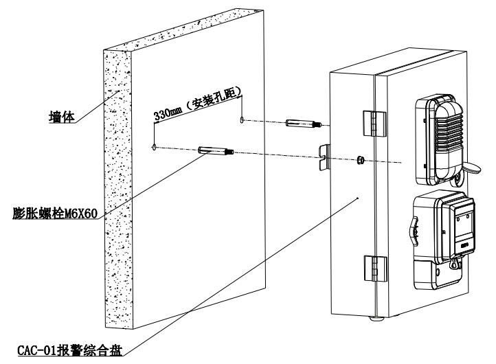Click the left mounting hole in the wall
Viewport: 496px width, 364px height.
155,146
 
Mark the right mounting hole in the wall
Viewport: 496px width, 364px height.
242,121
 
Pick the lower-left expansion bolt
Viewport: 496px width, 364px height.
216,150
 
